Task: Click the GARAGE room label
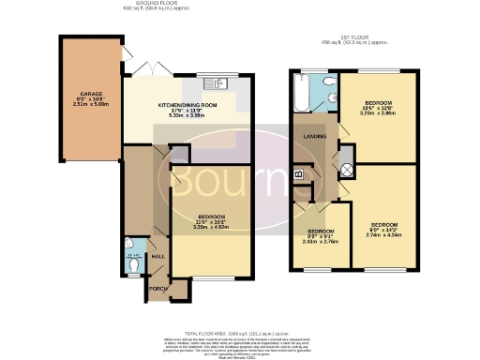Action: point(91,94)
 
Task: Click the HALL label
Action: point(158,256)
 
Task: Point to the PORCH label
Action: point(156,289)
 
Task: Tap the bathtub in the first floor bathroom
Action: point(301,94)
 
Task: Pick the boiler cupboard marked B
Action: point(299,173)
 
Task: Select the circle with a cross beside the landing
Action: point(345,170)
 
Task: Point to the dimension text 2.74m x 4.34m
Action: point(384,235)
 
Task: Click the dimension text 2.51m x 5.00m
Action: point(91,105)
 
